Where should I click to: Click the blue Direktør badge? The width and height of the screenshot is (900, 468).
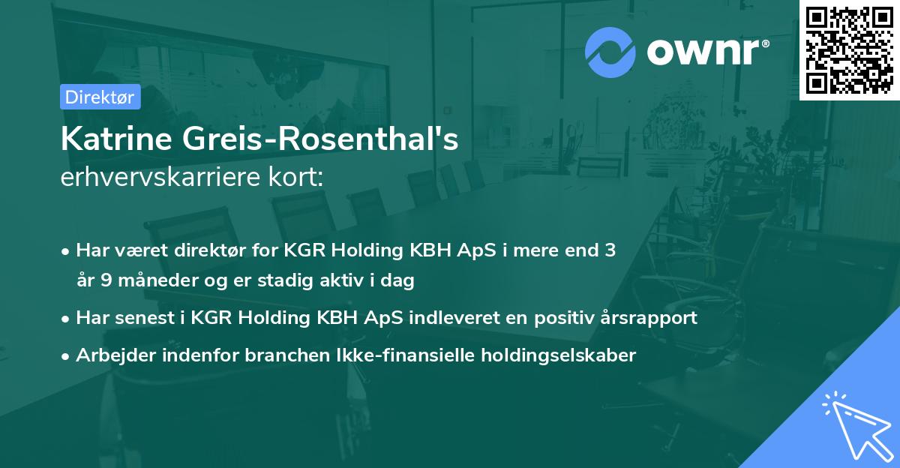coord(100,97)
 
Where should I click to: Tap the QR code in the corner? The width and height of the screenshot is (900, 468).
coord(850,50)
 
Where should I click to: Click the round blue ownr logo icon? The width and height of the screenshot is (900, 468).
coord(610,52)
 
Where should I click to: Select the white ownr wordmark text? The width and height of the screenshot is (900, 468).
coord(703,52)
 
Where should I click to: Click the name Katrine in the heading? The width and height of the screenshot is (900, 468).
coord(116,139)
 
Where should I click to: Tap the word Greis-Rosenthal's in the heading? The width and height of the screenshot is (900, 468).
coord(320,139)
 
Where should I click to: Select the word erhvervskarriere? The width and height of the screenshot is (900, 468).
coord(160,177)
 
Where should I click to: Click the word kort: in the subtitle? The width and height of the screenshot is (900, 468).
coord(295,177)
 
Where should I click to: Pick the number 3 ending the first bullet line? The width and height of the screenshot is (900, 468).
coord(610,250)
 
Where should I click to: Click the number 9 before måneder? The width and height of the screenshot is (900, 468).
coord(106,280)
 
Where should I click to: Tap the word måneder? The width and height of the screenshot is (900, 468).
coord(158,279)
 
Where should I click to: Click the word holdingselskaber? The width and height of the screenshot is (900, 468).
coord(559,355)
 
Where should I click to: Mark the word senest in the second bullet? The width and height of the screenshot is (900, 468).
coord(145,318)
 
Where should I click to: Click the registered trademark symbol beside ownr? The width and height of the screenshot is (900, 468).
coord(765,43)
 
